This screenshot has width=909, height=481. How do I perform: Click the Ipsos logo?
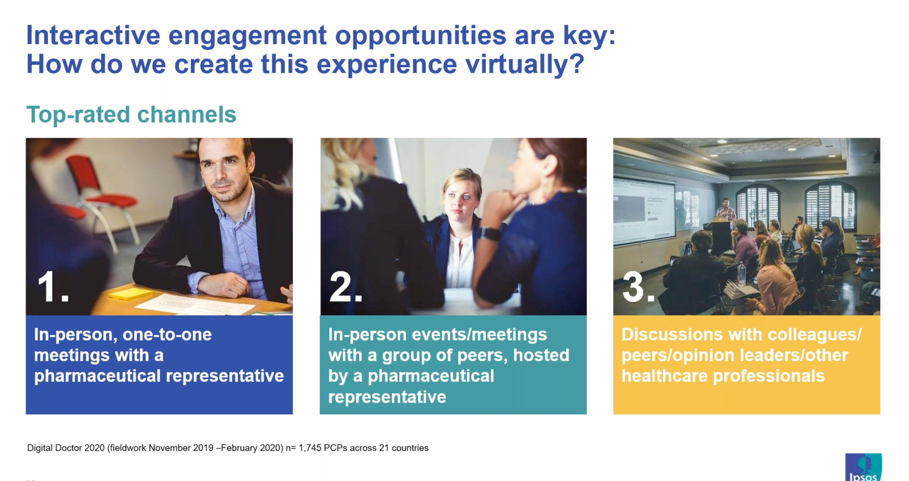click(x=863, y=469)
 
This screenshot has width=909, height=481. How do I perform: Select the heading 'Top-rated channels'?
click(x=131, y=115)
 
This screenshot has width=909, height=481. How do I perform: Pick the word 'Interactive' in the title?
click(x=93, y=35)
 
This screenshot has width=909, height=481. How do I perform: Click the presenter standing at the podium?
click(x=725, y=213)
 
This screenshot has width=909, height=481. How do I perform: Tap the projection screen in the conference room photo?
click(x=644, y=210)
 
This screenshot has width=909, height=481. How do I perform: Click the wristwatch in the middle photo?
click(x=490, y=233)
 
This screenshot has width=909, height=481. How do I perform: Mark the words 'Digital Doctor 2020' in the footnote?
click(x=66, y=448)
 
